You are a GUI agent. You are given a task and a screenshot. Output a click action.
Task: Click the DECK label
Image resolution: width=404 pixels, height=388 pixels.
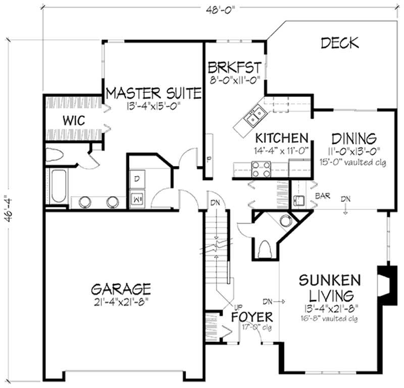point(340,43)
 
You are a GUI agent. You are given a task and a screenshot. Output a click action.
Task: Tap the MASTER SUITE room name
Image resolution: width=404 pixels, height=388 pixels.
point(154,93)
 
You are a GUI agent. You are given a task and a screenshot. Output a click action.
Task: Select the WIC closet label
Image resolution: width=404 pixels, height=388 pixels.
point(74,121)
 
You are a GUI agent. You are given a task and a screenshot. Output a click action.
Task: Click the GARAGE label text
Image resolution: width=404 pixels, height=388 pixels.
point(121,289)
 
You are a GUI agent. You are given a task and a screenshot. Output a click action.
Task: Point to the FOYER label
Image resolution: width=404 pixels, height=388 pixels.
point(252,317)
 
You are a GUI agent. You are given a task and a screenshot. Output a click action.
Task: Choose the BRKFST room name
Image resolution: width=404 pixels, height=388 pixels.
point(234,67)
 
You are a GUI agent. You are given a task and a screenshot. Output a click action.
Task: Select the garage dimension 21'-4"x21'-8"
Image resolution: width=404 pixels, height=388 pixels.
point(121,302)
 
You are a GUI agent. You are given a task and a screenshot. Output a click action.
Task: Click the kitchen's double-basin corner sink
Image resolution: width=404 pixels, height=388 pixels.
point(254,116)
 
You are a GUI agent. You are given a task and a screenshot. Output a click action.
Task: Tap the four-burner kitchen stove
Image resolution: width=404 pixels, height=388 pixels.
point(261,169)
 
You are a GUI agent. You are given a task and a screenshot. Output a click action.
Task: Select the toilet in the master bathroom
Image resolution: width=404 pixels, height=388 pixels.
point(56,154)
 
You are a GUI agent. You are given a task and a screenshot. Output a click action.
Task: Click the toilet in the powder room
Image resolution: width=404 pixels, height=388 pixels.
point(265,248)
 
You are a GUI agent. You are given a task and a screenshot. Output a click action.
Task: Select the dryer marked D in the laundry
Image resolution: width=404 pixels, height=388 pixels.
point(137,179)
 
